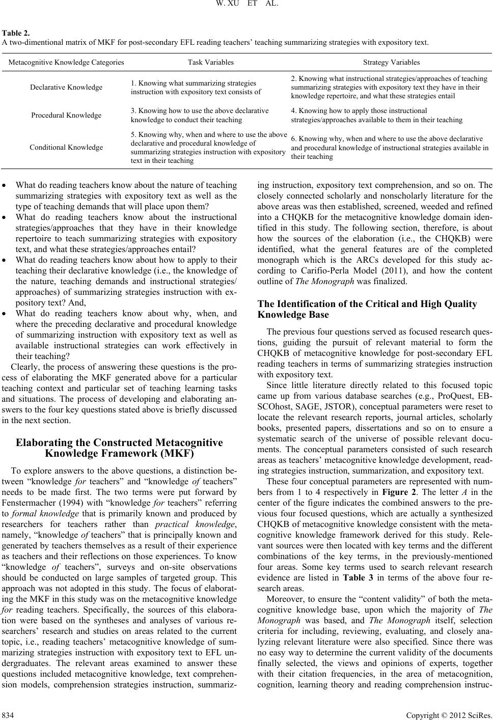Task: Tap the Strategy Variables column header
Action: pos(391,63)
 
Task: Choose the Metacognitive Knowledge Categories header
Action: pos(66,63)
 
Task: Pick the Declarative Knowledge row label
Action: pos(66,87)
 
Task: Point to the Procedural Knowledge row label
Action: pos(66,115)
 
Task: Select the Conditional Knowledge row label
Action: pos(66,147)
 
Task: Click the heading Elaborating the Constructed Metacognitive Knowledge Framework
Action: pos(120,448)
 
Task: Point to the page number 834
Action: pos(8,713)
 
